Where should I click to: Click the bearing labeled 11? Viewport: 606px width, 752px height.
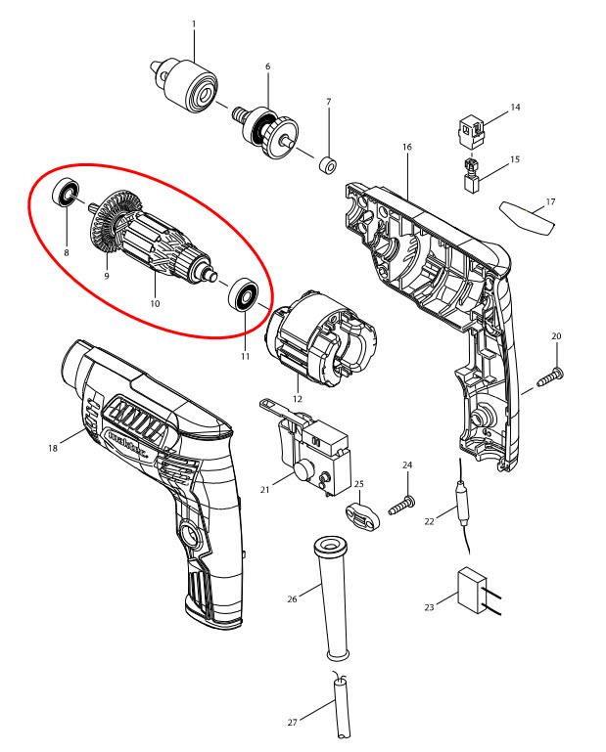coord(242,293)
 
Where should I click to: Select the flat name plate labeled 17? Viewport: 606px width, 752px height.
coord(527,217)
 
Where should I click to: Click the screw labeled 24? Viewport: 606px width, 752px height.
coord(400,507)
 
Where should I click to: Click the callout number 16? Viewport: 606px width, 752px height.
coord(406,147)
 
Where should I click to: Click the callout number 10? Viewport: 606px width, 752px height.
coord(154,304)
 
